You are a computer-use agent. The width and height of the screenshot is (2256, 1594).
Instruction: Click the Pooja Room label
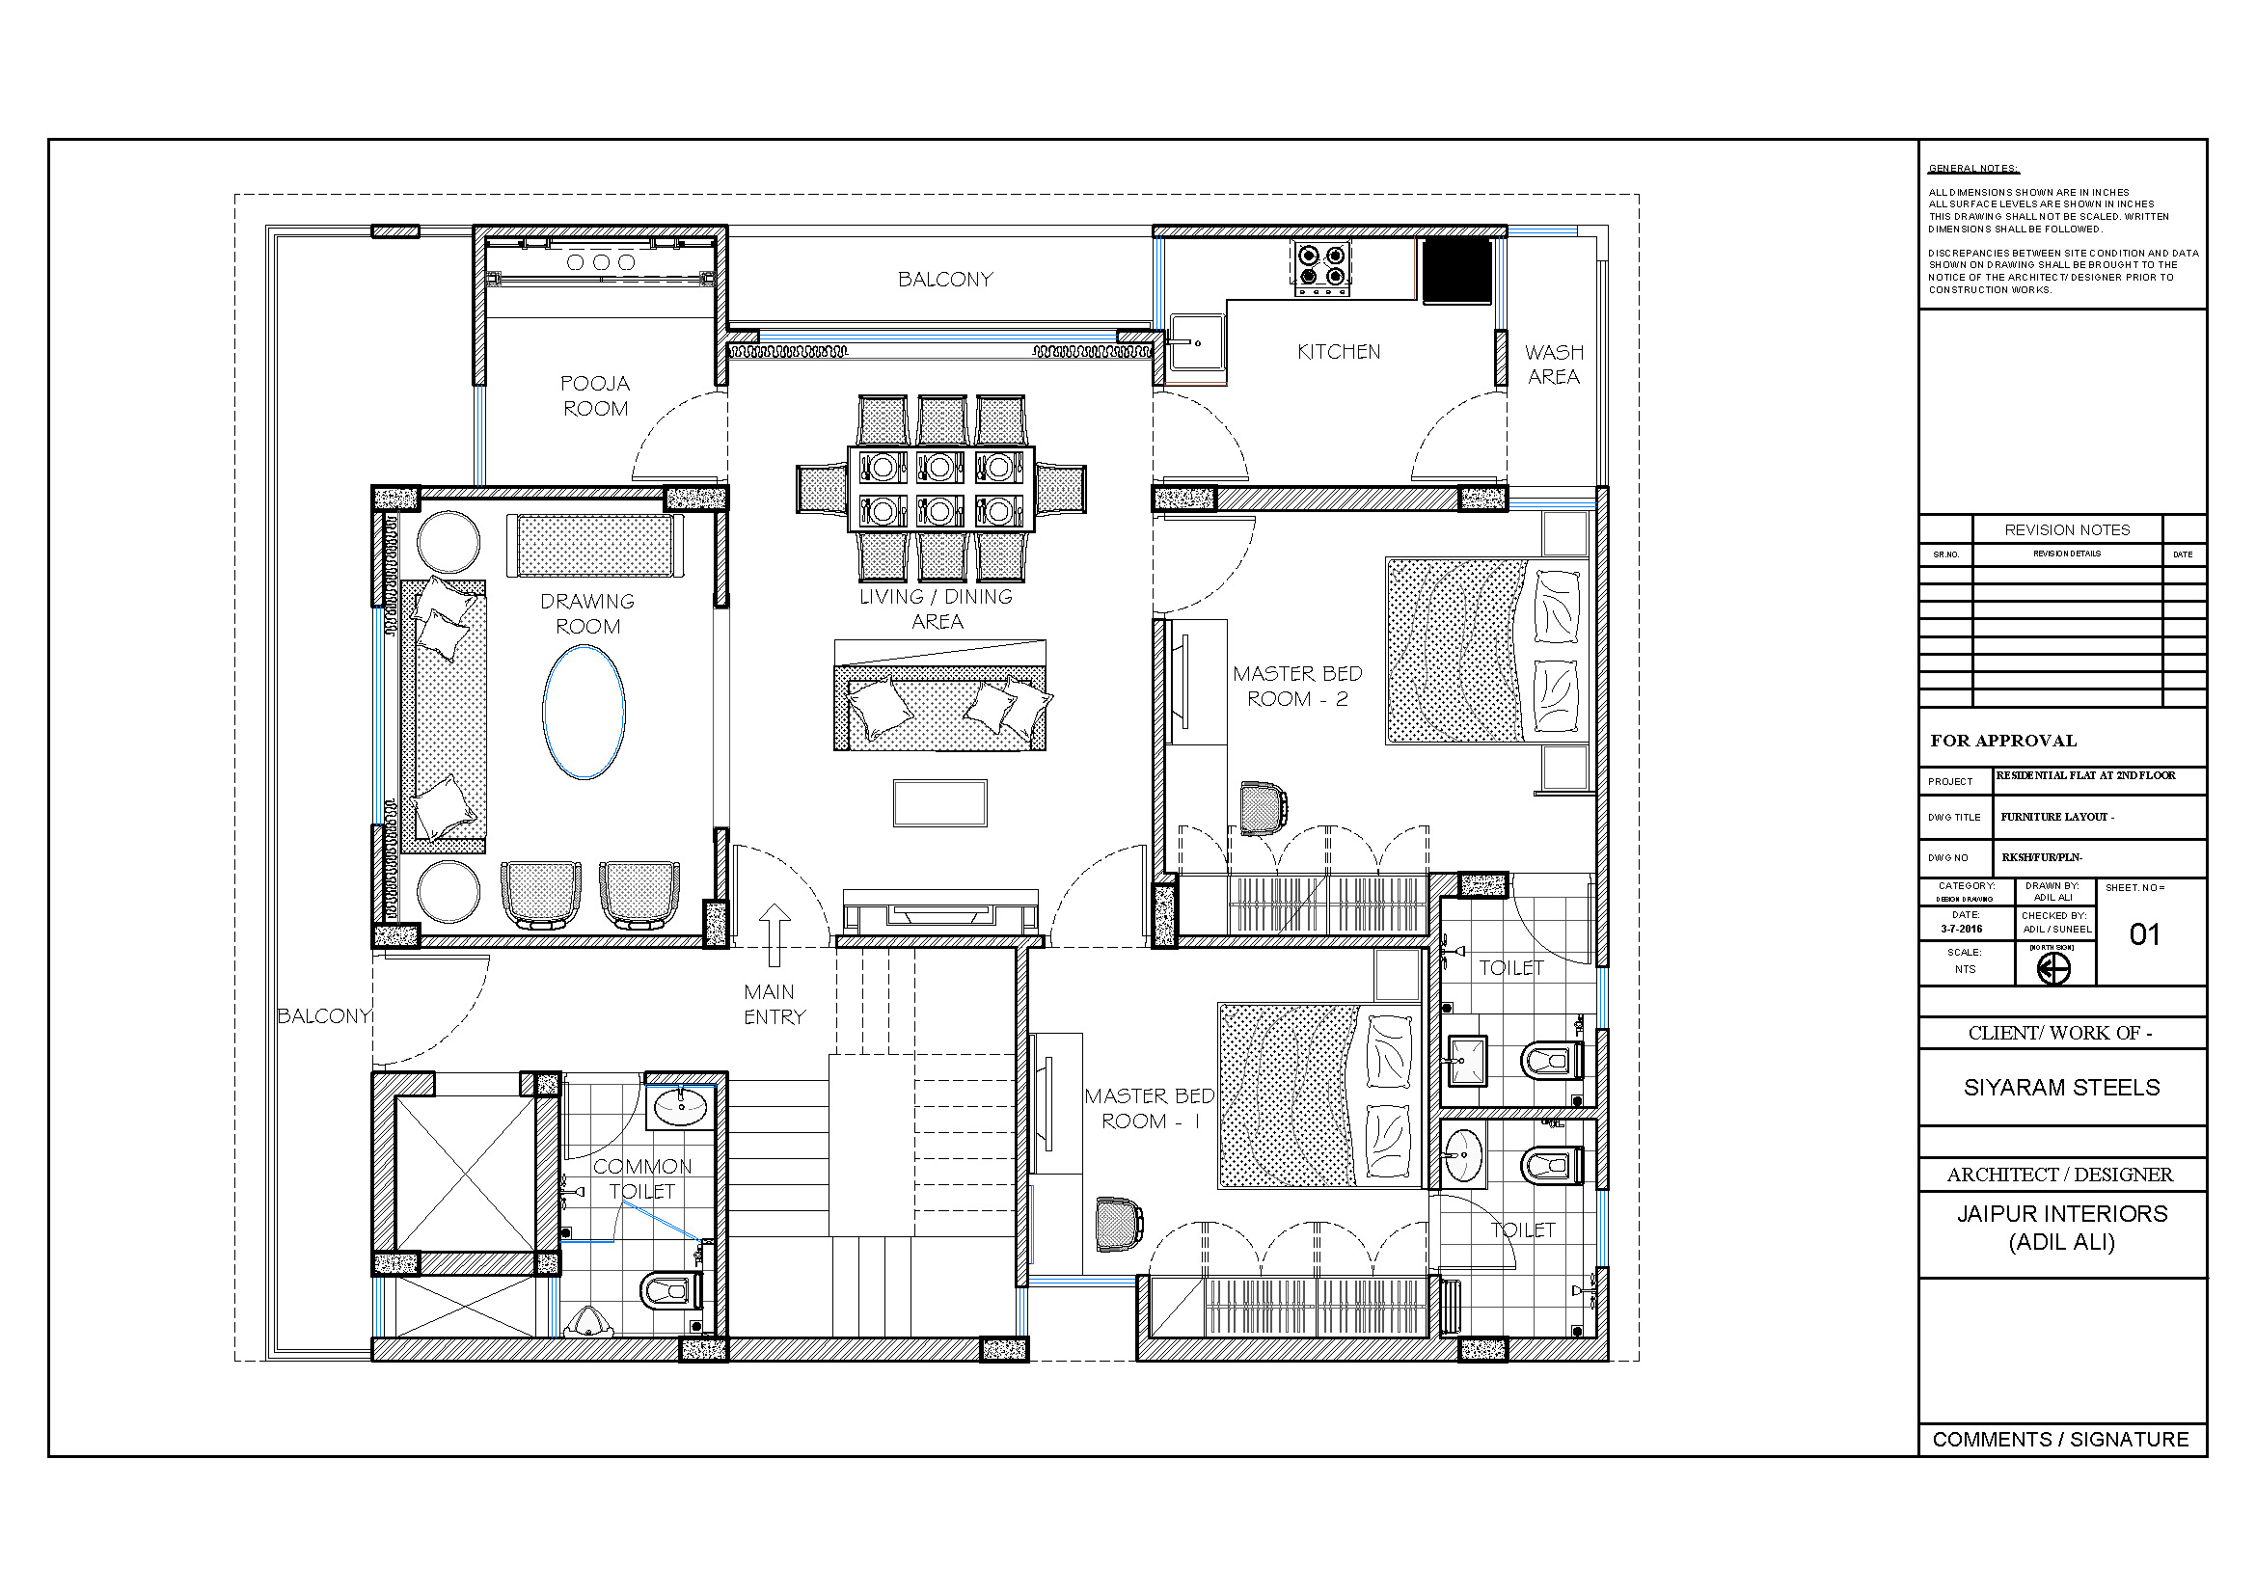point(594,395)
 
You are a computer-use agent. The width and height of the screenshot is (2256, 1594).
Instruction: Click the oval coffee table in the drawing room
point(584,712)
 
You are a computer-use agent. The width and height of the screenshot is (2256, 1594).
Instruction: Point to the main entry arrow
point(775,935)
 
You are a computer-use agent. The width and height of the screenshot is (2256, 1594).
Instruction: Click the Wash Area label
point(1554,365)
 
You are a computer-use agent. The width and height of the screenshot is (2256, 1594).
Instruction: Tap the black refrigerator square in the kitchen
point(1457,270)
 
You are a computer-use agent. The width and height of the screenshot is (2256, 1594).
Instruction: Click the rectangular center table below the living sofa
point(939,802)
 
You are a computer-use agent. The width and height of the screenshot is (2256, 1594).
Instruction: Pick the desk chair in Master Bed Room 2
point(1262,807)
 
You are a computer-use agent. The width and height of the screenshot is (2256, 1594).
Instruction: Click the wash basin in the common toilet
point(680,1106)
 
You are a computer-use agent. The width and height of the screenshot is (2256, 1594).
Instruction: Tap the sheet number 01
point(2144,934)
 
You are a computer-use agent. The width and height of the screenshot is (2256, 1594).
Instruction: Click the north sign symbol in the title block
point(2052,969)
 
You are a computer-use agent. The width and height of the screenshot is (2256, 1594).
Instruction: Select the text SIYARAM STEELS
point(2060,1087)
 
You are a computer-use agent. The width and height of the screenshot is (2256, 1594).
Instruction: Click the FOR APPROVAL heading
point(2002,741)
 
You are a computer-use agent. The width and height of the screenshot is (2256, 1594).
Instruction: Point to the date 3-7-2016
point(1960,928)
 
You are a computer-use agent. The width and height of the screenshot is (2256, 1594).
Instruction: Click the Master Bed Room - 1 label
point(1148,1108)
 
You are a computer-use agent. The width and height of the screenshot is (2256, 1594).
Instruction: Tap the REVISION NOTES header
point(2066,529)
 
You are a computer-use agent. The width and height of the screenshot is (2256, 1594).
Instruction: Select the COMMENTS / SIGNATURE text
point(2059,1439)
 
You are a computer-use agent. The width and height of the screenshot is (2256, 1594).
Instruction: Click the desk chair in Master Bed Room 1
point(1118,1225)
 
